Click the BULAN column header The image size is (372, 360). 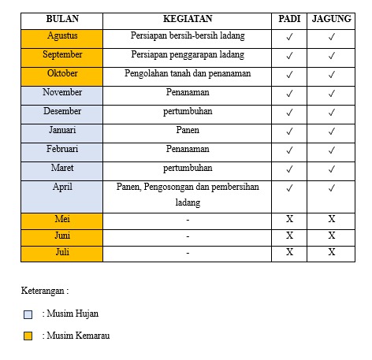coord(61,18)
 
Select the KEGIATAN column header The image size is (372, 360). coord(187,18)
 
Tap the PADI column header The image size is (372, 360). coord(289,18)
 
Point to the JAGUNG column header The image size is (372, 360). coord(332,18)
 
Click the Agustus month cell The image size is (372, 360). coord(61,36)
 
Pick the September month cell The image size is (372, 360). coord(61,55)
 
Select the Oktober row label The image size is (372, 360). coord(61,74)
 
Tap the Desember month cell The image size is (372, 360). coord(61,111)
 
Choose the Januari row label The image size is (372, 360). coord(61,130)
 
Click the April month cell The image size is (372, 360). coord(61,187)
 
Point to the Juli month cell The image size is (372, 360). coord(61,252)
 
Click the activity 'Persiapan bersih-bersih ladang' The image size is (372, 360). coord(187,36)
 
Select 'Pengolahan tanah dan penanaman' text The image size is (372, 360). coord(187,74)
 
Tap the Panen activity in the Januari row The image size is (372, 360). coord(187,130)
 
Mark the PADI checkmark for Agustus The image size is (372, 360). coord(289,37)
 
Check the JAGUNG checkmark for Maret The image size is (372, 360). coord(332,169)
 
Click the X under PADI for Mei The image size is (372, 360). coord(289,219)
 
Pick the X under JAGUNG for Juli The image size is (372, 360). coord(332,252)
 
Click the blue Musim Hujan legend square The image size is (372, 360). coord(28,314)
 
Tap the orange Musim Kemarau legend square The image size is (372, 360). coord(28,336)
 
